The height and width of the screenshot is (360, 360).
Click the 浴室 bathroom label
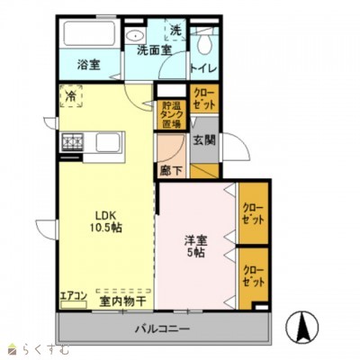pos(87,66)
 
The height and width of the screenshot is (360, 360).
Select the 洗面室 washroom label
pos(154,50)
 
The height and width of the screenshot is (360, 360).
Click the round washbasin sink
pos(136,35)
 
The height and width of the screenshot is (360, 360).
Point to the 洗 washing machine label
pos(175,30)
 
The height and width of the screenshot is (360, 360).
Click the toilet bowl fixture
pos(206,40)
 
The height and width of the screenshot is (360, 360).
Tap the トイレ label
pos(202,66)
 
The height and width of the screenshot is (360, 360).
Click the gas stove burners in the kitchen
pos(72,143)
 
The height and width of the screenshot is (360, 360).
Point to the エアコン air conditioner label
pos(74,294)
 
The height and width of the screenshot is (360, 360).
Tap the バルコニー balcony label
pos(163,329)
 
